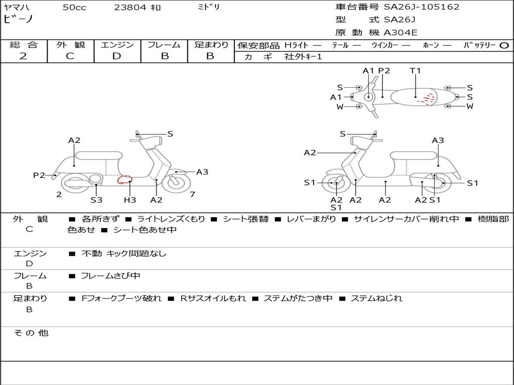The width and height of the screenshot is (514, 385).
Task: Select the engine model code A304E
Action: tap(401, 33)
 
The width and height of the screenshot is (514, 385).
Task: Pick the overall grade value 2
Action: tap(23, 56)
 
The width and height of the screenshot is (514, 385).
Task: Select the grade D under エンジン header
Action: tap(116, 56)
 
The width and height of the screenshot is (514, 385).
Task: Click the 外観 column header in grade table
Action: tap(70, 45)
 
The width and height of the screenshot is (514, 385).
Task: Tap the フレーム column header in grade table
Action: tap(164, 45)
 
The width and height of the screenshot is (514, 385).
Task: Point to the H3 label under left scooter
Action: tap(130, 200)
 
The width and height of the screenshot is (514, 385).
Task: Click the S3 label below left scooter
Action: tap(96, 200)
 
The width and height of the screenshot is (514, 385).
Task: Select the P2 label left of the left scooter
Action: tap(39, 175)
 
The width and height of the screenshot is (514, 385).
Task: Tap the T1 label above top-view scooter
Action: tap(415, 71)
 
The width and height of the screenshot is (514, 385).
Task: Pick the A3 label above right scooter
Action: tap(438, 140)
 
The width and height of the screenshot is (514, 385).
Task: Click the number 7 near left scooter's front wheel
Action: tap(193, 194)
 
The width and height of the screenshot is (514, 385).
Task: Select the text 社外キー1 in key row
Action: tap(304, 57)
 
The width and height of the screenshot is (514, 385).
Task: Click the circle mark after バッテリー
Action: tap(504, 45)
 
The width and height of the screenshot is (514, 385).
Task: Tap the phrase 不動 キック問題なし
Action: tap(123, 254)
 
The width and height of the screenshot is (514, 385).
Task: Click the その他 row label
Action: tap(31, 333)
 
